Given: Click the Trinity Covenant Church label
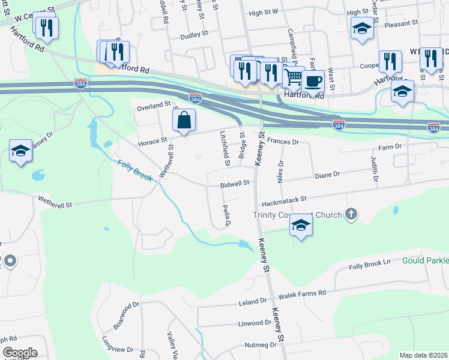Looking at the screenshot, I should point(297,215).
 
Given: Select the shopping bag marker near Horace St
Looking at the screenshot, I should point(184,121).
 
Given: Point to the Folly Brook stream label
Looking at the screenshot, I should point(135,172).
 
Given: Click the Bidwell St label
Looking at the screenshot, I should point(234,183).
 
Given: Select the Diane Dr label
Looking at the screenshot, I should point(327,174).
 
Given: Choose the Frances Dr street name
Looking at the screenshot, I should point(283,142).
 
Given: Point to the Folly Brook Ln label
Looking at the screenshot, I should point(370,262).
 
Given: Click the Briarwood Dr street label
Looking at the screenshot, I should point(126,316).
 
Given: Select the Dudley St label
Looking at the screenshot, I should point(194,35).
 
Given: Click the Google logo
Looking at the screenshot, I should point(20,353).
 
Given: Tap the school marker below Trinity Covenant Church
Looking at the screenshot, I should point(301,226).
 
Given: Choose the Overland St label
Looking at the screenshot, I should point(153,106).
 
